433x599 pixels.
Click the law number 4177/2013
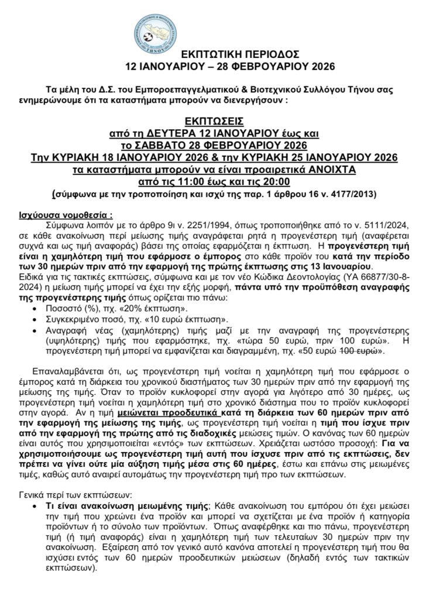[355, 192]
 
